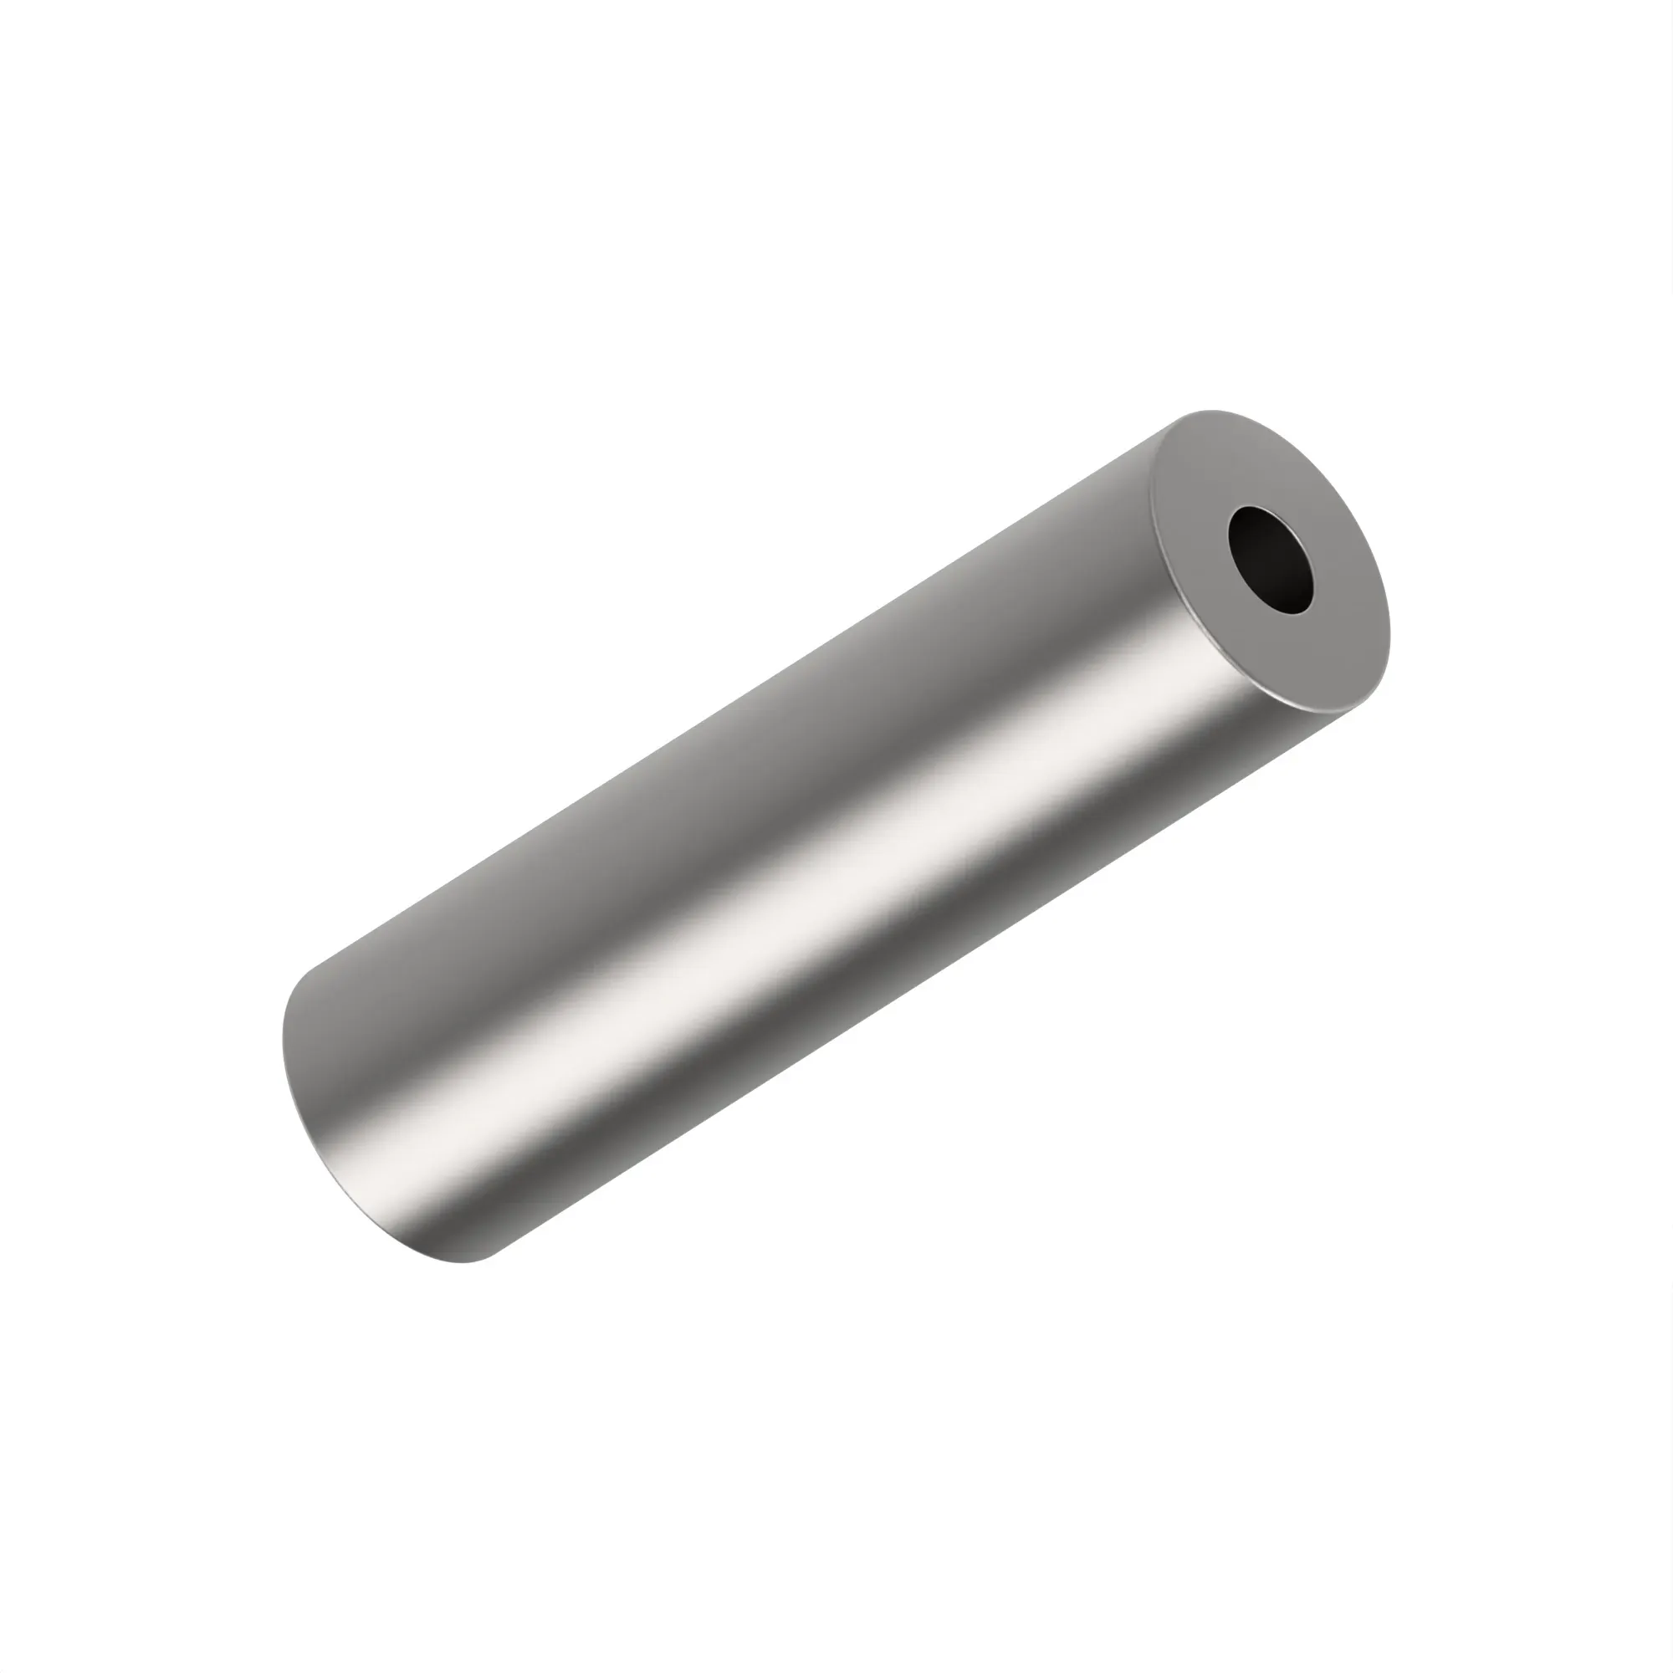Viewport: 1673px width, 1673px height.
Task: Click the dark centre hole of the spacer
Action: click(1271, 560)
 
